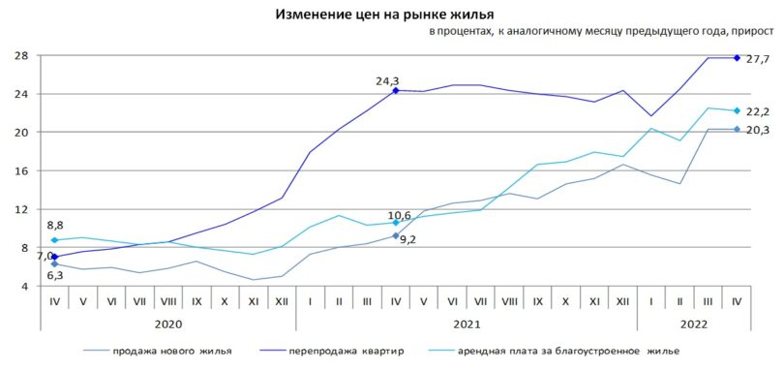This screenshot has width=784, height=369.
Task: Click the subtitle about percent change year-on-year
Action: [x=601, y=35]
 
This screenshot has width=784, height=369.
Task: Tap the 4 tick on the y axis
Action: [x=21, y=287]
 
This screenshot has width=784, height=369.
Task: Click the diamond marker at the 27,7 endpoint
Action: [x=738, y=58]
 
